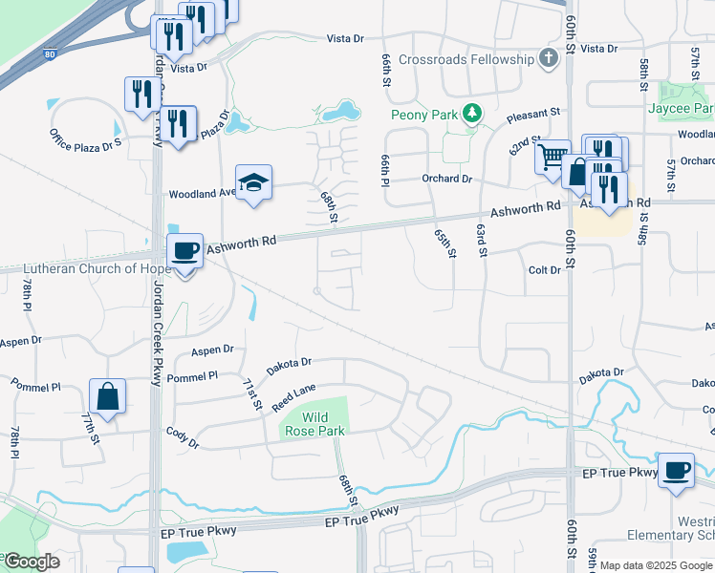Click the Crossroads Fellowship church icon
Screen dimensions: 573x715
coord(548,59)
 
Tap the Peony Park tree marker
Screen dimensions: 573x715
coord(471,115)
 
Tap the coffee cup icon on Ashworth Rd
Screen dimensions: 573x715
coord(184,251)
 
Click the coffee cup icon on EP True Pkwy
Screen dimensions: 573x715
coord(676,470)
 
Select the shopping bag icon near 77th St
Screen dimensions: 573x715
coord(107,396)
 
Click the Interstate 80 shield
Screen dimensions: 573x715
coord(49,55)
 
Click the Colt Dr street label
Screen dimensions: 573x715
coord(544,271)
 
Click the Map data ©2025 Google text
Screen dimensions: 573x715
coord(656,565)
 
